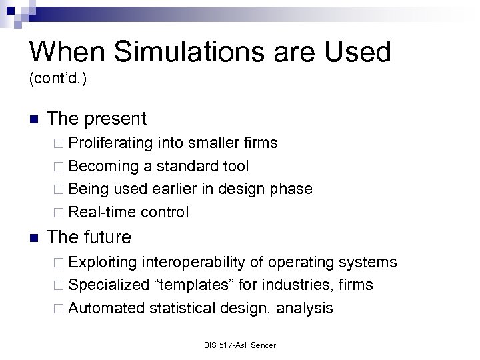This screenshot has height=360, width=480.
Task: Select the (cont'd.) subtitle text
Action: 58,79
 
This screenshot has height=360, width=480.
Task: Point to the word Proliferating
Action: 111,143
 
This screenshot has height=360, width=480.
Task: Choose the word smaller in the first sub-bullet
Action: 215,143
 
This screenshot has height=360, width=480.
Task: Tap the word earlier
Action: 178,189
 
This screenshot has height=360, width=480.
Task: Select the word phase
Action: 291,189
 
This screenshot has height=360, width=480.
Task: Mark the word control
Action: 165,212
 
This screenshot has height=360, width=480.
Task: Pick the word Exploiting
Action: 103,262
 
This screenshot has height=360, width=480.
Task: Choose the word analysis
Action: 305,308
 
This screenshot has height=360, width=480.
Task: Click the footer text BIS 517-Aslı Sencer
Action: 239,345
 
